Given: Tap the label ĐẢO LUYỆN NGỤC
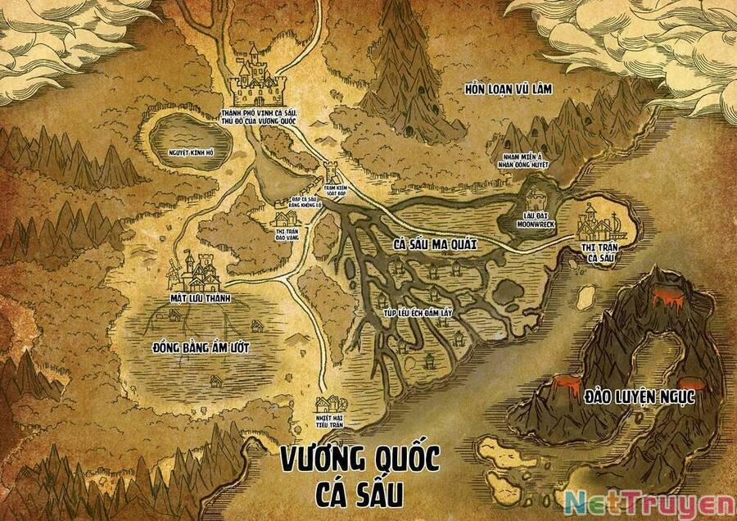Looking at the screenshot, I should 640,397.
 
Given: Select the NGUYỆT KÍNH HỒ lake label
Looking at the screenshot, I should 192,152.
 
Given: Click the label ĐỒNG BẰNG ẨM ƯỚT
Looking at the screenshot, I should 201,347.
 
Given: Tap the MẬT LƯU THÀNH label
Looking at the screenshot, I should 198,299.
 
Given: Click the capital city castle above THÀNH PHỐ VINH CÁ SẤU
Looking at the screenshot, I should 257,75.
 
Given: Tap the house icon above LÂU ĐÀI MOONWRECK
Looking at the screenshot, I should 535,198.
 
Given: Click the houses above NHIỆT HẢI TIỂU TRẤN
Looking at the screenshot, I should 332,403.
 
